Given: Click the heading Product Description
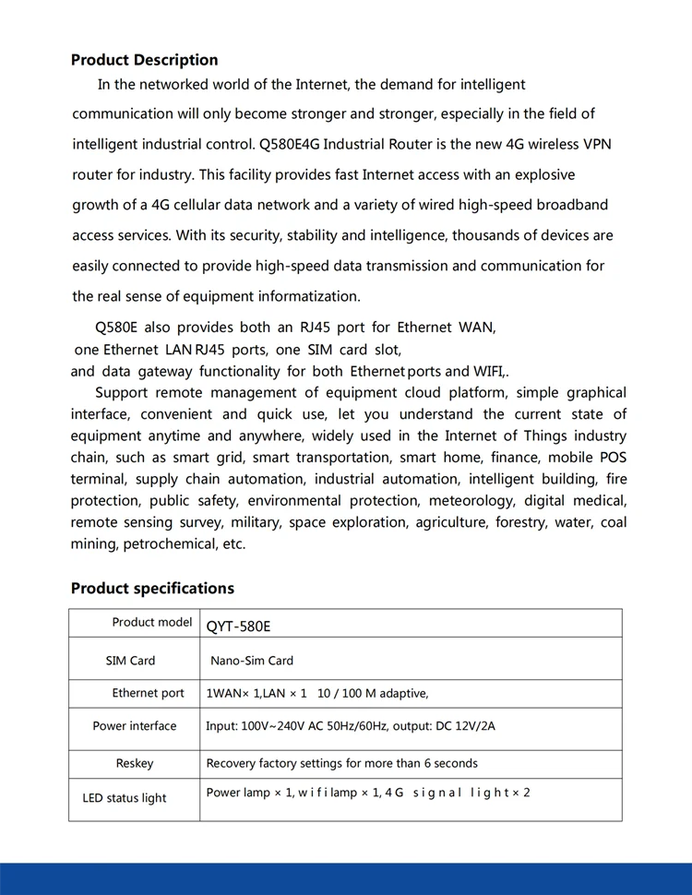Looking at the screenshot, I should pyautogui.click(x=144, y=60).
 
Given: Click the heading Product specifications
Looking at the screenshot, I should pyautogui.click(x=152, y=589).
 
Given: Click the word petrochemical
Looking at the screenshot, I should pyautogui.click(x=167, y=544).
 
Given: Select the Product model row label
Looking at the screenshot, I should pyautogui.click(x=152, y=622).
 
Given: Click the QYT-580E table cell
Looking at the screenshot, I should pyautogui.click(x=238, y=626).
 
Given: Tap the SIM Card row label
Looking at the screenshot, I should pyautogui.click(x=130, y=661).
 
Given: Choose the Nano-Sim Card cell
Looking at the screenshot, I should pyautogui.click(x=252, y=661).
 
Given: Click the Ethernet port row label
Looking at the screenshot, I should pyautogui.click(x=149, y=693).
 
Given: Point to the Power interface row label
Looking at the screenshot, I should pyautogui.click(x=135, y=726).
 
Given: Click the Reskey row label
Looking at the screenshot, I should pyautogui.click(x=135, y=764).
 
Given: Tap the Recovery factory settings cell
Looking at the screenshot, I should pyautogui.click(x=341, y=764).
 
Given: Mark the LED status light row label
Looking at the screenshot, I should pyautogui.click(x=125, y=798).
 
